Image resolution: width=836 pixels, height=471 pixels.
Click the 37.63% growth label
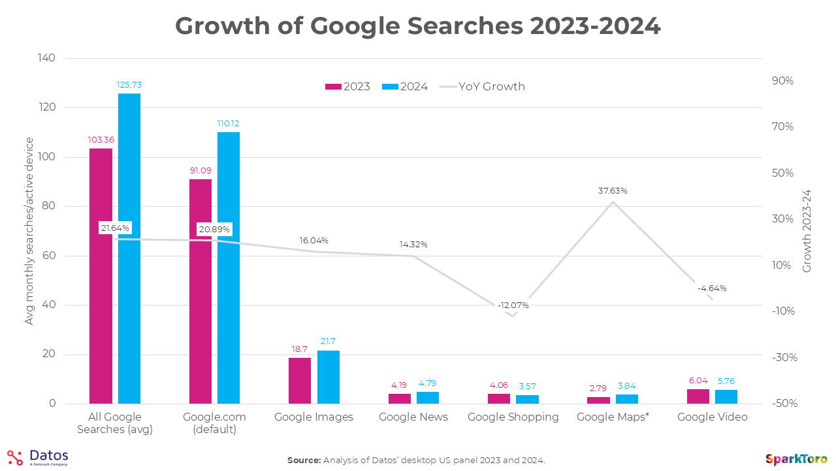pyautogui.click(x=612, y=191)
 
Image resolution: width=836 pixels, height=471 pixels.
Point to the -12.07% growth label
pyautogui.click(x=513, y=305)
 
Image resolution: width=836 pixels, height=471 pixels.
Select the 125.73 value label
pyautogui.click(x=129, y=84)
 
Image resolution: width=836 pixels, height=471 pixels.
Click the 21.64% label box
pyautogui.click(x=115, y=228)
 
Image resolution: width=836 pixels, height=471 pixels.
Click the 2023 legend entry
pyautogui.click(x=348, y=86)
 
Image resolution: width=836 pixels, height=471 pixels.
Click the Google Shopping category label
pyautogui.click(x=513, y=417)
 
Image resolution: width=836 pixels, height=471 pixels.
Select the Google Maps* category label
pyautogui.click(x=613, y=417)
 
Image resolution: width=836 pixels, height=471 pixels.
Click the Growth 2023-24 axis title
pyautogui.click(x=807, y=230)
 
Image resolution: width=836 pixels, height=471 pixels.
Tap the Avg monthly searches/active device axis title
pyautogui.click(x=29, y=230)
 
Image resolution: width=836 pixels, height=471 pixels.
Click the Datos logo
pyautogui.click(x=38, y=457)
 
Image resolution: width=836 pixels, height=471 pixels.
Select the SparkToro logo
pyautogui.click(x=797, y=459)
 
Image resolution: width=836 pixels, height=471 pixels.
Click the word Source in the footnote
pyautogui.click(x=303, y=461)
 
